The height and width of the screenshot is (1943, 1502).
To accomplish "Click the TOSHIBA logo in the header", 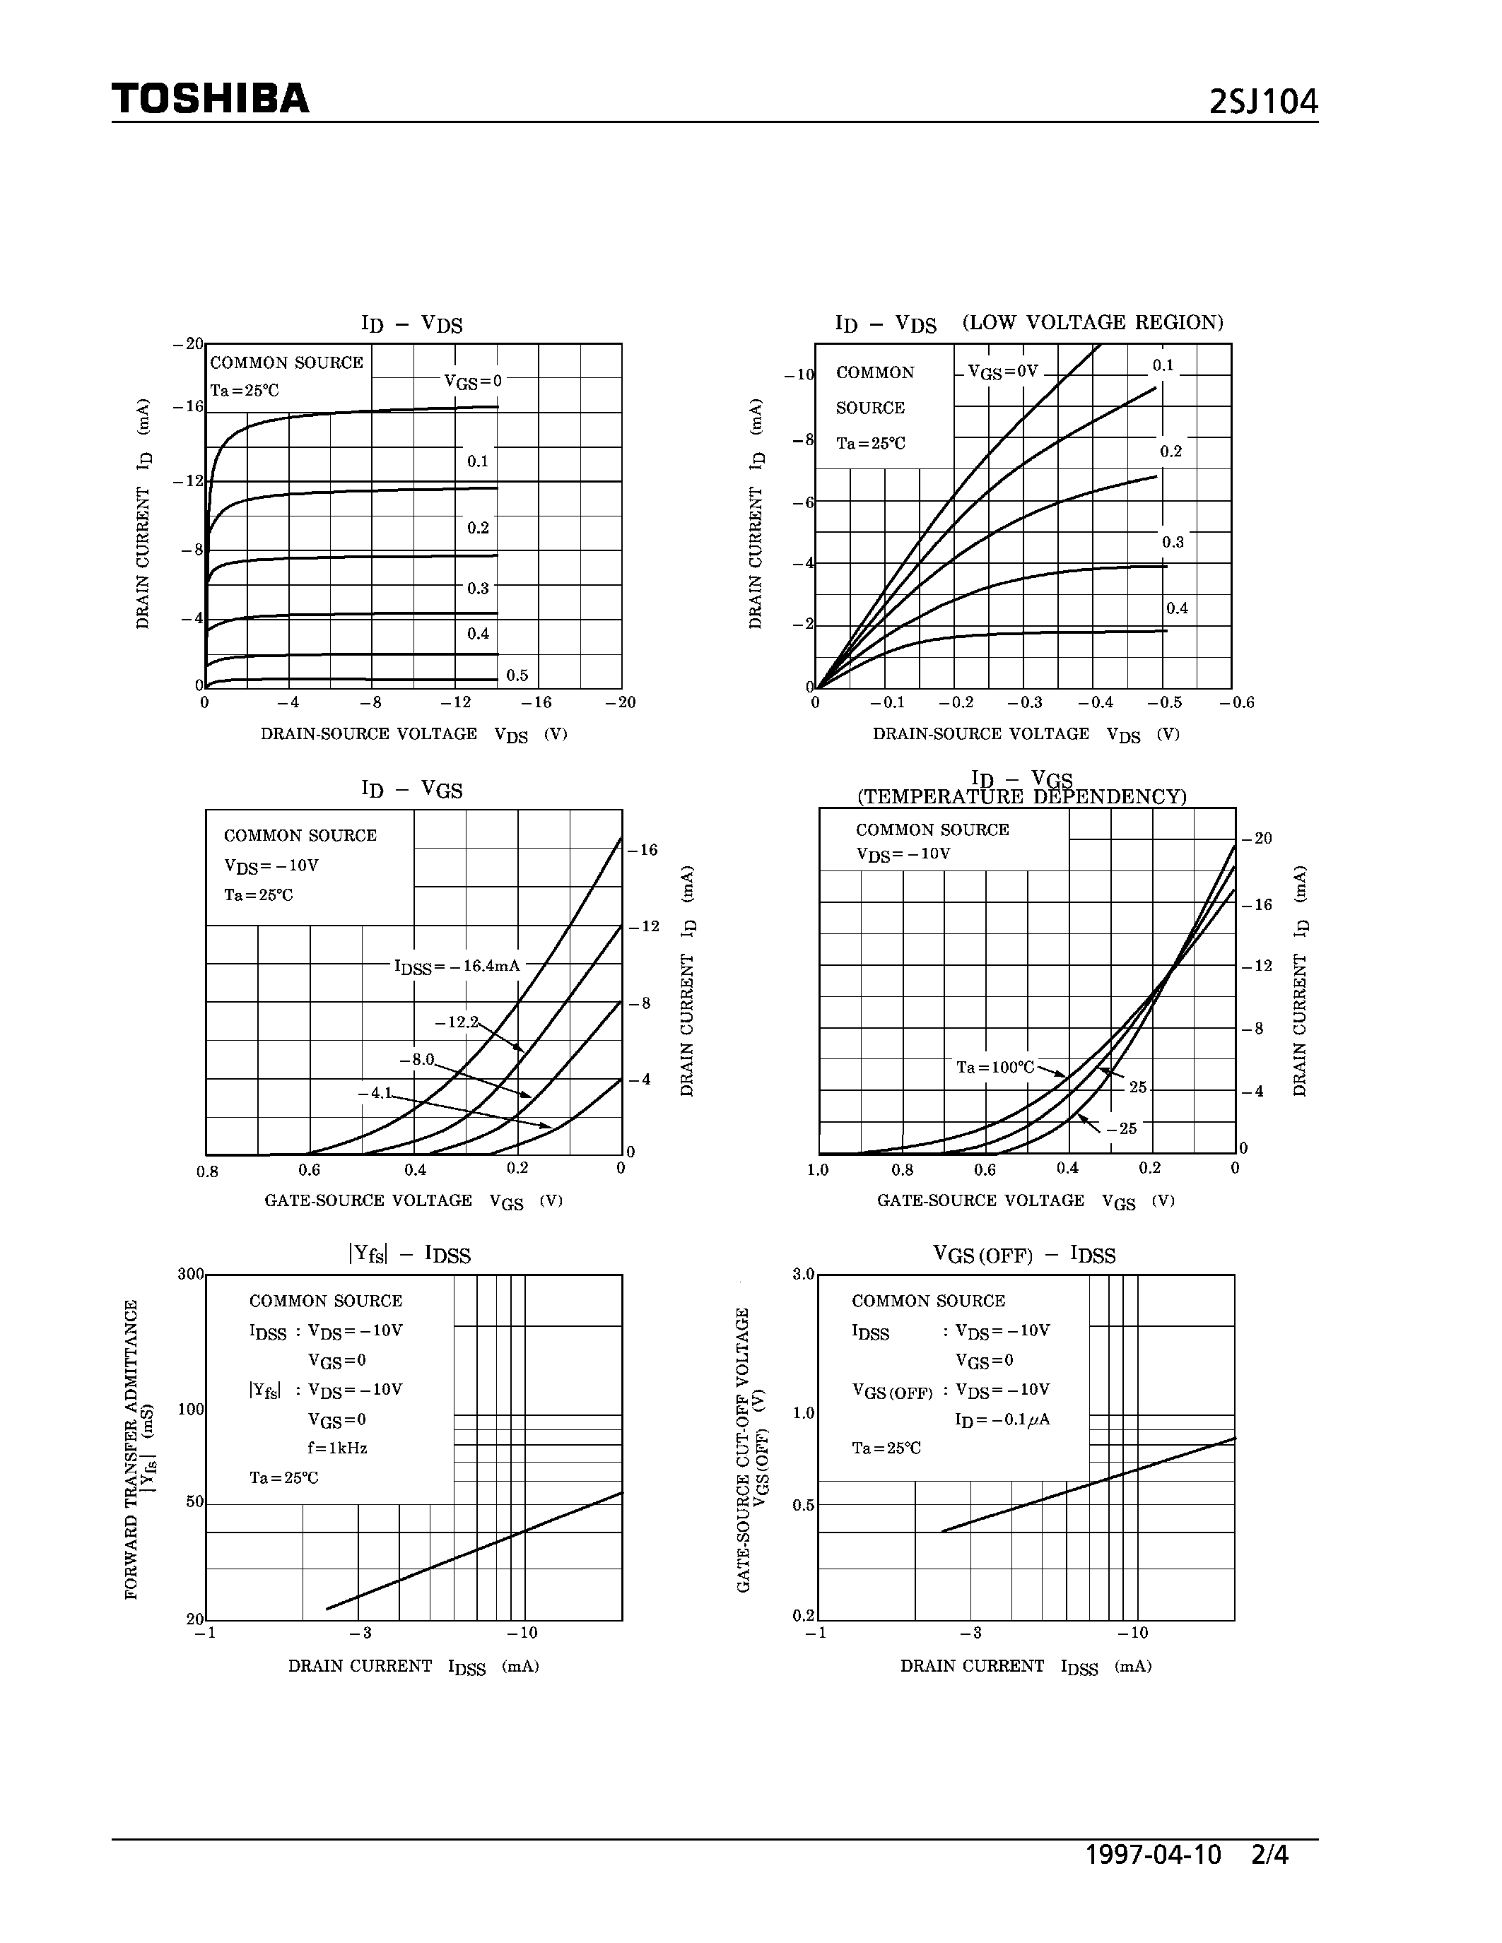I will pos(210,99).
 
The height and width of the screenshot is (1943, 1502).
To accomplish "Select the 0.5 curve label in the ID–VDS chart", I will pos(517,675).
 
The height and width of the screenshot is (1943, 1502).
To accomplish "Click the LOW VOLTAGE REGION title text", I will pos(1093,322).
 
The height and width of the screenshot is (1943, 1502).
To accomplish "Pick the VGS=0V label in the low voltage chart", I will pos(1003,372).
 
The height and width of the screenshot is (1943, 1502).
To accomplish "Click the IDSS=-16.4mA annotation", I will pos(457,966).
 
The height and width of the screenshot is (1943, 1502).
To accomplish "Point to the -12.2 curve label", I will pos(457,1022).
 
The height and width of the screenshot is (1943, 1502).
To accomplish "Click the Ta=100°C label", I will pos(995,1067).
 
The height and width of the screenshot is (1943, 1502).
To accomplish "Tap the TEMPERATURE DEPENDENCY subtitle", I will pos(1021,797).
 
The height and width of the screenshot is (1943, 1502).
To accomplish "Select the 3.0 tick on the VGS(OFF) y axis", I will pos(804,1274).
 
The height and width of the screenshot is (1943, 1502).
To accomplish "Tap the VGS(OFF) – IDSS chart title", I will pos(1023,1254).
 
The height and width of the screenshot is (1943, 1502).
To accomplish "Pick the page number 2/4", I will pos(1269,1855).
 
